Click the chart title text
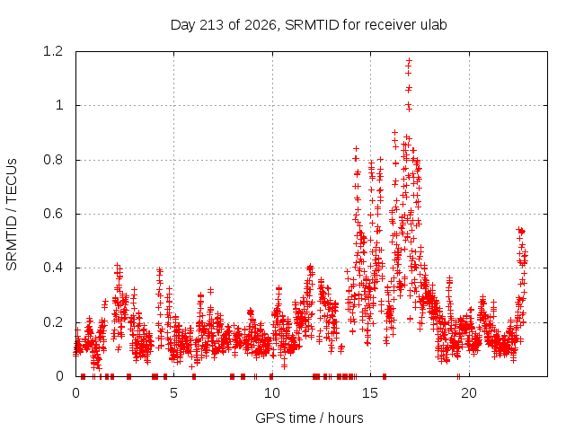coord(308,25)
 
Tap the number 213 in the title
coord(211,24)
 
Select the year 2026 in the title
coord(261,24)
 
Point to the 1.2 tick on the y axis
coord(53,51)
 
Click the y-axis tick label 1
coord(59,106)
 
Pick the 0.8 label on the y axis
coord(53,160)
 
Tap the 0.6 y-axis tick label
coord(53,214)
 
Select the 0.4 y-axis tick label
coord(53,268)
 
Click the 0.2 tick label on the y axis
coord(53,322)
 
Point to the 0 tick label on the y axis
coord(59,376)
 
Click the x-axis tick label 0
coord(75,393)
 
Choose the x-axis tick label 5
coord(173,393)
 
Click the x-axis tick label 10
coord(272,393)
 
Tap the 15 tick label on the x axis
coord(370,393)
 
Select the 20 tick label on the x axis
coord(469,393)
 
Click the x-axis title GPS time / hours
coord(309,418)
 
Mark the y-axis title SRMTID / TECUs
coord(12,215)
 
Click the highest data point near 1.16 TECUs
coord(410,60)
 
